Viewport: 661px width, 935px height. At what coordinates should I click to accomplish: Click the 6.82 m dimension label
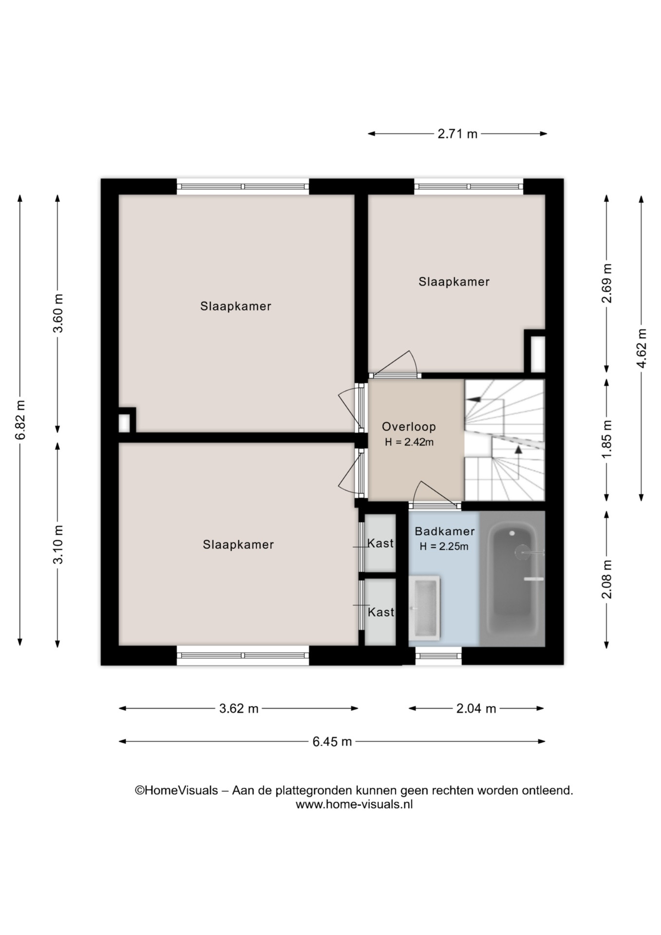20,420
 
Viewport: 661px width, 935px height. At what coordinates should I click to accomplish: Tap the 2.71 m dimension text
458,134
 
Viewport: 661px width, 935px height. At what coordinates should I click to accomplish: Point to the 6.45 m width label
332,742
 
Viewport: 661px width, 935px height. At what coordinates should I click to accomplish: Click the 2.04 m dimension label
476,709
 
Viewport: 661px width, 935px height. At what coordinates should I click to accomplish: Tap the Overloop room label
409,427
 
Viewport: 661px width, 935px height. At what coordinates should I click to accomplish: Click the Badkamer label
444,531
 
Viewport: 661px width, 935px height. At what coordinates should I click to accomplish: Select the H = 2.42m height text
409,442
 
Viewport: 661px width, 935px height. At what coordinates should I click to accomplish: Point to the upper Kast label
381,543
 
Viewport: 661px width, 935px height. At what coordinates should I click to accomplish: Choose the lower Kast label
381,612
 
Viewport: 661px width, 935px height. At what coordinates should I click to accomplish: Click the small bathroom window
438,656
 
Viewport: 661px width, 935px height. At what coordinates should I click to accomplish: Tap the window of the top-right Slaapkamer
469,186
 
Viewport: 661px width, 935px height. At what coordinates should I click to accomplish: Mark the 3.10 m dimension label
58,544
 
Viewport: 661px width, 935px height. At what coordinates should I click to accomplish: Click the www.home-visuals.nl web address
354,804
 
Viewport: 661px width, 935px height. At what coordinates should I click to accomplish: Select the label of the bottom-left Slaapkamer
239,544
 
